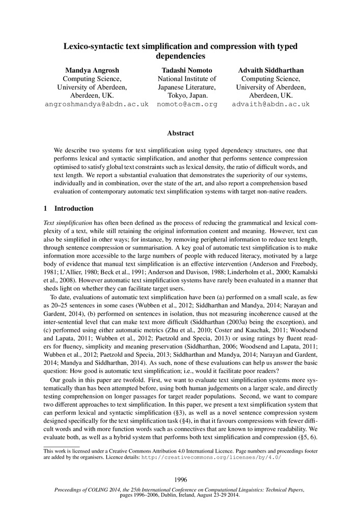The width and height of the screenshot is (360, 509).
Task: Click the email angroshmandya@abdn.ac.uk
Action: tap(97, 104)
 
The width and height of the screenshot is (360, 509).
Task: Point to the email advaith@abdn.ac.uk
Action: tap(270, 104)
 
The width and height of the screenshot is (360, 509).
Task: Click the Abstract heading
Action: tap(180, 133)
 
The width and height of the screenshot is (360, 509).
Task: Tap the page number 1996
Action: tap(180, 479)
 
